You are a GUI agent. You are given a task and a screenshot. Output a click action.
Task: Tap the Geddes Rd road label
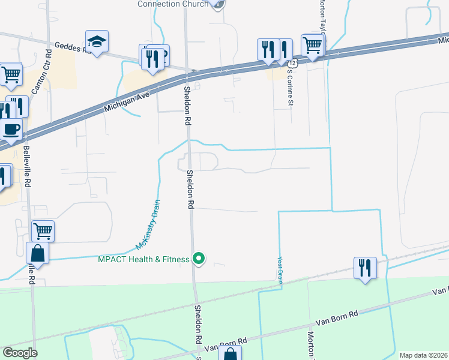71,47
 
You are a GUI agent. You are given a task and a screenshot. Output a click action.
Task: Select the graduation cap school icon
97,42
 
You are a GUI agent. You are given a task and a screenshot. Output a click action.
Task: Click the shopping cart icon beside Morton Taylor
313,44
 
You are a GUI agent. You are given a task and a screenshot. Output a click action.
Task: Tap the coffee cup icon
11,128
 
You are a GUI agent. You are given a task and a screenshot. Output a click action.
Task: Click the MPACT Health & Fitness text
143,259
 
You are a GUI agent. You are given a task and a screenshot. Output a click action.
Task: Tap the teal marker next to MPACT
199,259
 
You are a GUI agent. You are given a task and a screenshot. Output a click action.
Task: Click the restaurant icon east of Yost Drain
365,267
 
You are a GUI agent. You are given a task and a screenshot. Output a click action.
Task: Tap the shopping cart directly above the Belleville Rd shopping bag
42,230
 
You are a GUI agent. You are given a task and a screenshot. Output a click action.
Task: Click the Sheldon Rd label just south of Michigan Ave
187,106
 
